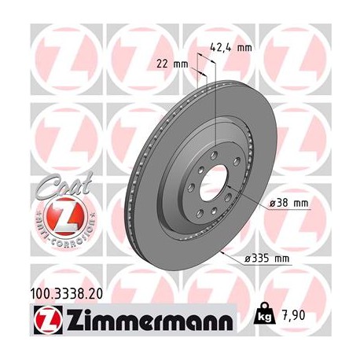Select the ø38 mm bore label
click(289, 204)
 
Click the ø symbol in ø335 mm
click(248, 259)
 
